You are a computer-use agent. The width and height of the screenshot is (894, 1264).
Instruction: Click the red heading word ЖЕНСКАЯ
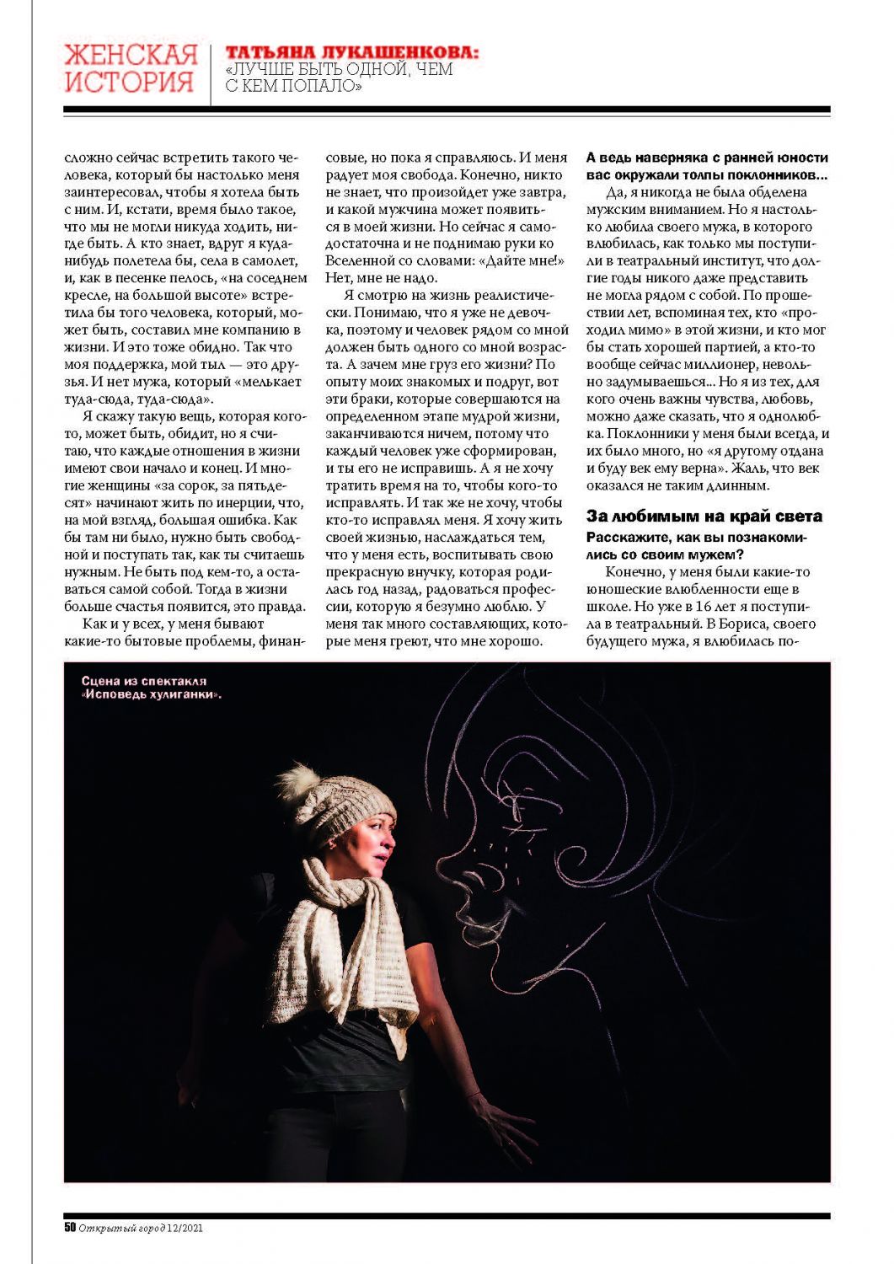pos(131,55)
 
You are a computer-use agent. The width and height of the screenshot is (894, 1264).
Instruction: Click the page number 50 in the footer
pos(70,1227)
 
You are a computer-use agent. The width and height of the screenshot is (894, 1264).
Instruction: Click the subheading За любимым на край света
pos(704,516)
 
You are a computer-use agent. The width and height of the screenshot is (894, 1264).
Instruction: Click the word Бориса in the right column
pos(744,624)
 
